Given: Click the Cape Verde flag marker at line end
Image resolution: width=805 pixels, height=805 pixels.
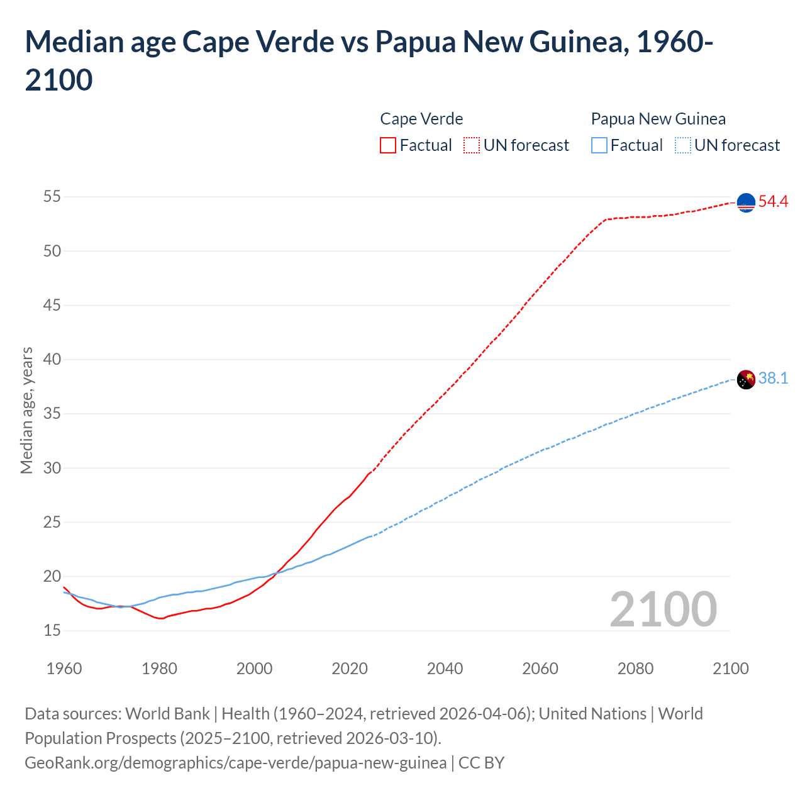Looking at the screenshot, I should (x=746, y=203).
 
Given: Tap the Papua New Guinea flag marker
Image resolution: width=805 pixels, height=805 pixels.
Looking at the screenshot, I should (x=746, y=380).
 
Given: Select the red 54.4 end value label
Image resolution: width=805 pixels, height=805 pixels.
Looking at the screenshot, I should (x=773, y=202).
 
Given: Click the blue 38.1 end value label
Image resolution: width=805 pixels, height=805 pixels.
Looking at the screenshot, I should (x=773, y=378).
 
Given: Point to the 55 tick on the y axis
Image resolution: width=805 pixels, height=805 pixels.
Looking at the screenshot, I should (x=52, y=197).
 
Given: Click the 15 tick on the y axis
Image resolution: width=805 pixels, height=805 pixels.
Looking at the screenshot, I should (x=52, y=630).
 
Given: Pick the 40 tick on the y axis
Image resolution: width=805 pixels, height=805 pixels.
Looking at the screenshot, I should (x=52, y=360).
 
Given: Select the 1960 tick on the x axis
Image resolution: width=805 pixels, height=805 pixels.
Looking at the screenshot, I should (x=64, y=669).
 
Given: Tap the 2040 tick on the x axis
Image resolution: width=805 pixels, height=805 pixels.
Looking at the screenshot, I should (x=445, y=669).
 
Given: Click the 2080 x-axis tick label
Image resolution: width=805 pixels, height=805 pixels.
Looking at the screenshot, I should (x=635, y=669).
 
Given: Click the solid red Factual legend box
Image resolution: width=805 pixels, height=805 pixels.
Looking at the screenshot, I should (x=388, y=145).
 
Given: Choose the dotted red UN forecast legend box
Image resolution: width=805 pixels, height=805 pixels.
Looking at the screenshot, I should (x=472, y=145).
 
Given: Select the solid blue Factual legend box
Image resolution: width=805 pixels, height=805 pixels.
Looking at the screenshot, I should (x=599, y=145).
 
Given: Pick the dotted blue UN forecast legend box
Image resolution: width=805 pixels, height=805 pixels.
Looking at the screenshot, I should (x=682, y=145).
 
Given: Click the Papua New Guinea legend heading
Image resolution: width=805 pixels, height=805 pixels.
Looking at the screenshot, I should (x=658, y=119).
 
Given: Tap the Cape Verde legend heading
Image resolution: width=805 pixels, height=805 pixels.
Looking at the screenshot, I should (x=421, y=119).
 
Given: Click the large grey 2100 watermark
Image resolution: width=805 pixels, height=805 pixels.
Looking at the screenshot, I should (x=663, y=609).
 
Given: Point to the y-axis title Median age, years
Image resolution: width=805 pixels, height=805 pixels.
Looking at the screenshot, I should (x=26, y=410).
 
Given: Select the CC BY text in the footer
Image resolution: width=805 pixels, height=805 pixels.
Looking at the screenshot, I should (x=481, y=763).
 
